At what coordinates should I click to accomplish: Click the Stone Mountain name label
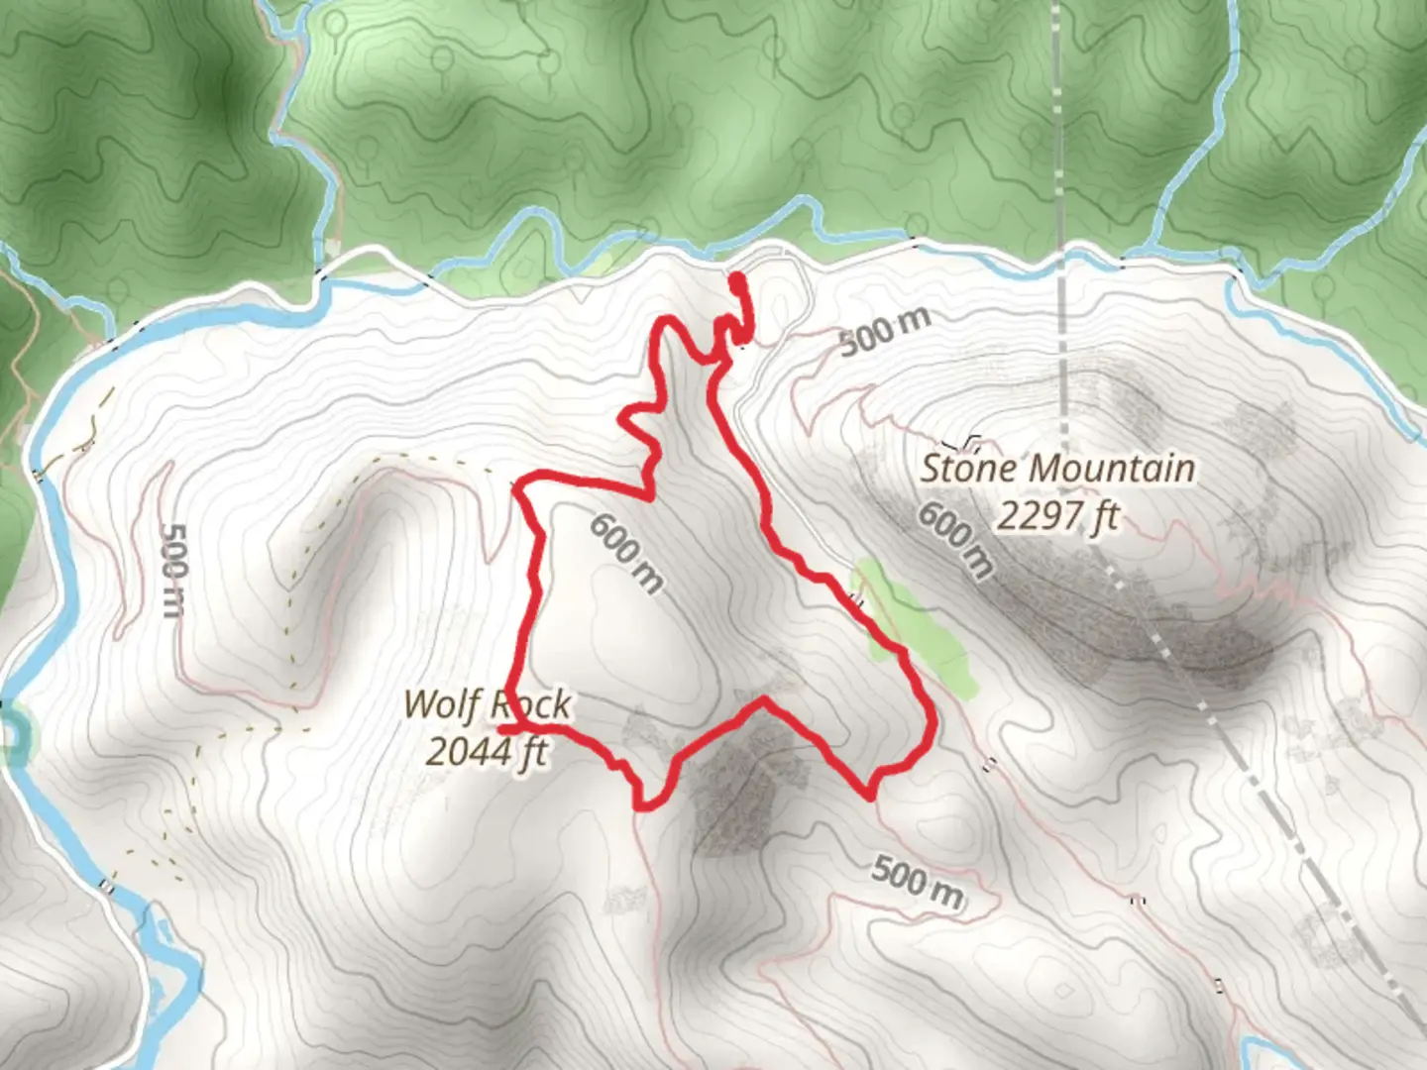[1057, 468]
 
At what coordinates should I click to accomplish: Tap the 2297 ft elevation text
[1057, 516]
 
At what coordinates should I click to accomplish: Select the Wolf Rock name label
[487, 704]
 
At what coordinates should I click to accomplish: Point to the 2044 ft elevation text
[487, 751]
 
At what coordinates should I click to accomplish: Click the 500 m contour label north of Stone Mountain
[885, 331]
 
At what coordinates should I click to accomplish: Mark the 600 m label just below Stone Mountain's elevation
[954, 540]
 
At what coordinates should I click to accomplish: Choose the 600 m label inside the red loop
[625, 553]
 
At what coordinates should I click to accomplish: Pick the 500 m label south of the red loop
[917, 883]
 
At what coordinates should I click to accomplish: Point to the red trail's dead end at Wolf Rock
[502, 728]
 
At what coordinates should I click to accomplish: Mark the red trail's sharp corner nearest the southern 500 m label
[870, 795]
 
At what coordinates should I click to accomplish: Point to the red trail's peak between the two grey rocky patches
[764, 701]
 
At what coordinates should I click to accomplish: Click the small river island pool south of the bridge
[159, 991]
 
